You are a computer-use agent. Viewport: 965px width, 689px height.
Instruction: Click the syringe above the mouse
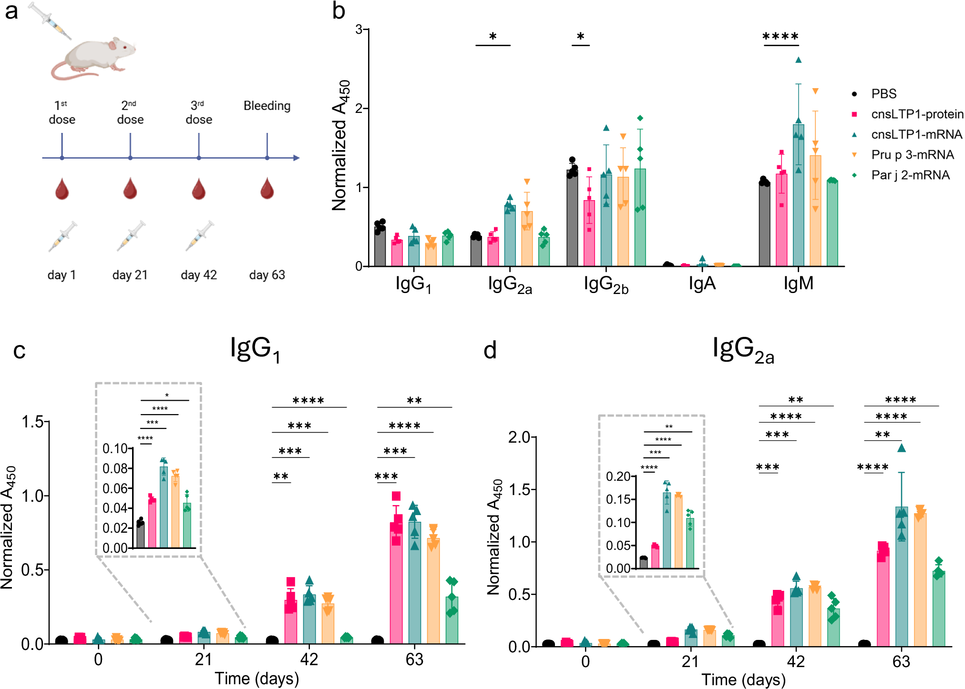click(x=50, y=20)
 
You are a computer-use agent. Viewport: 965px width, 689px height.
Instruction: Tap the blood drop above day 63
click(x=267, y=188)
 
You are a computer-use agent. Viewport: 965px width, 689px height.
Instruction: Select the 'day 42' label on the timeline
click(x=199, y=275)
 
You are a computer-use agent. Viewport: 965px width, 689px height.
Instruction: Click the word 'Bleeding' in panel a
click(x=267, y=106)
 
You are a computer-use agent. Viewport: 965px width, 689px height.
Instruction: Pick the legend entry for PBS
click(x=883, y=94)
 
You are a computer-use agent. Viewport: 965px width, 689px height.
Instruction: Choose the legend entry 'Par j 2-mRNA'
click(x=910, y=175)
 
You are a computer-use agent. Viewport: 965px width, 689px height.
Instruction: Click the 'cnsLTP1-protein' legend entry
click(x=916, y=114)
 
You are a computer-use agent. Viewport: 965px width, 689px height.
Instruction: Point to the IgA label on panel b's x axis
click(x=702, y=284)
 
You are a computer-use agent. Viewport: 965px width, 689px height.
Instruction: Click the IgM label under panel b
click(x=798, y=284)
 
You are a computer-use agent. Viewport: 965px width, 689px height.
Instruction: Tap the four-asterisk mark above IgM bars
click(x=780, y=37)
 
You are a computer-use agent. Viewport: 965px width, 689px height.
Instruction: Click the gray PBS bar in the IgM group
click(x=764, y=224)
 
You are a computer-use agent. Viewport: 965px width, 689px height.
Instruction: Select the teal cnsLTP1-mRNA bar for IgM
click(x=798, y=195)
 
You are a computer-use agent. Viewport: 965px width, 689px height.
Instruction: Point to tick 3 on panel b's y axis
click(x=359, y=30)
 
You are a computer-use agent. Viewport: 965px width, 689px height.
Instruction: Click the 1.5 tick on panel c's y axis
click(x=32, y=422)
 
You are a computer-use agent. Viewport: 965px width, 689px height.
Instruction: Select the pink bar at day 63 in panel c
click(x=396, y=581)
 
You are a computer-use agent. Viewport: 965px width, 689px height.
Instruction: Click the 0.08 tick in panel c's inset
click(x=115, y=468)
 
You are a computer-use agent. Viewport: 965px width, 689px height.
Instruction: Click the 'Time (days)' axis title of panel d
click(x=743, y=679)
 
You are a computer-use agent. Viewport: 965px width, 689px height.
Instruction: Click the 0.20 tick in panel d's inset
click(x=618, y=476)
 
